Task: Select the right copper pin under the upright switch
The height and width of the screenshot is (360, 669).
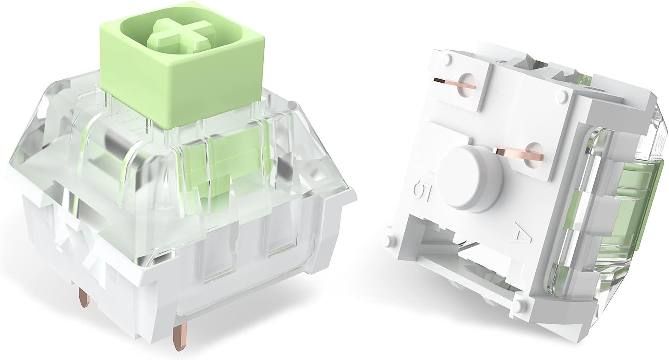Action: (176, 339)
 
